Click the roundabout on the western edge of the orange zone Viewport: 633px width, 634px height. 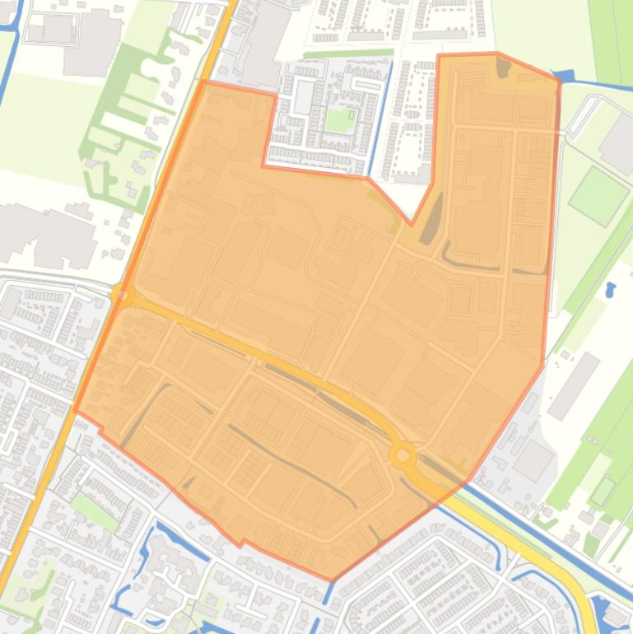(123, 292)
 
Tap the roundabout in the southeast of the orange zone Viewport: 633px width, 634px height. (403, 455)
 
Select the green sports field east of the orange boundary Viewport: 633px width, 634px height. (598, 195)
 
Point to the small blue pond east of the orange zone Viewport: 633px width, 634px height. (610, 290)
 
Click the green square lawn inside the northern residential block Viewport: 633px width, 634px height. (337, 120)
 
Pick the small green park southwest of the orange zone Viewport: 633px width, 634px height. (92, 511)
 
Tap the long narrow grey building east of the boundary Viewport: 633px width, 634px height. (574, 385)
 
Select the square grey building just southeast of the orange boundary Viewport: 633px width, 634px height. (533, 460)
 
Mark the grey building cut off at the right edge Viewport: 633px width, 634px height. (621, 143)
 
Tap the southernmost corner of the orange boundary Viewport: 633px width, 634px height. (332, 580)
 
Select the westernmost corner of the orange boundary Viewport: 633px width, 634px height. (75, 411)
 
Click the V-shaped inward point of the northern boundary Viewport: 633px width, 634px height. (412, 223)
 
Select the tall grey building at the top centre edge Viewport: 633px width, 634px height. (265, 41)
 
